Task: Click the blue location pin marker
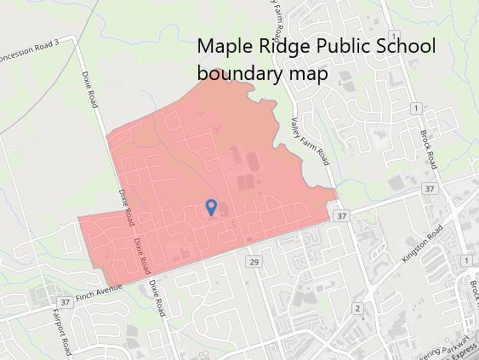[x=212, y=207]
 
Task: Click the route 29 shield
[x=254, y=261]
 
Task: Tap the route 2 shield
[x=358, y=307]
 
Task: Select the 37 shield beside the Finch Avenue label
[x=66, y=302]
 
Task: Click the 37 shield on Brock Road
[x=431, y=188]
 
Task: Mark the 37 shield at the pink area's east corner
[x=341, y=217]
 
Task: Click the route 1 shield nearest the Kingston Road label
[x=467, y=260]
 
